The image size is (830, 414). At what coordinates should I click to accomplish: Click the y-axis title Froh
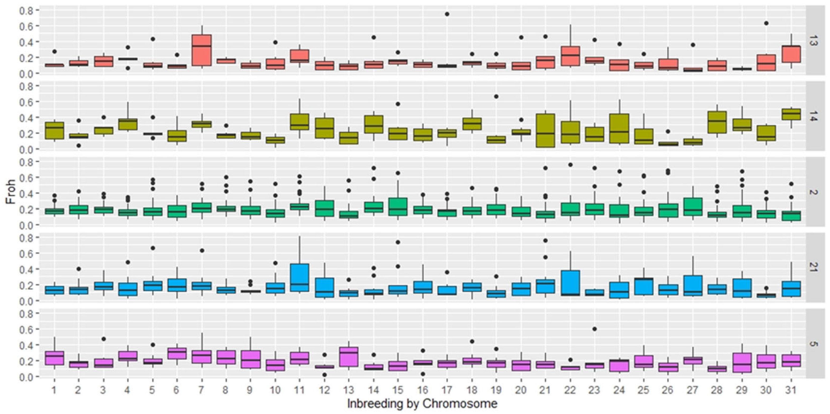tap(10, 193)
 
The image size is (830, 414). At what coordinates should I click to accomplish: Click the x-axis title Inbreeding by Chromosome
tap(422, 403)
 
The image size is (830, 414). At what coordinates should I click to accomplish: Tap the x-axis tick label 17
tap(447, 390)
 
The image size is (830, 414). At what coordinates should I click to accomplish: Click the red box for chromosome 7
tap(201, 50)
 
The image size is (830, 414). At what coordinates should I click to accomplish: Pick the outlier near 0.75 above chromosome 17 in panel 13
tap(447, 14)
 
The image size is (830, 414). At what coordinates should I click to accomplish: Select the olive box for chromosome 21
tap(545, 130)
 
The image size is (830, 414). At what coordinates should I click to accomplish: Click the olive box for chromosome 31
tap(791, 114)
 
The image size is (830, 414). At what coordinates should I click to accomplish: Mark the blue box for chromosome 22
tap(570, 283)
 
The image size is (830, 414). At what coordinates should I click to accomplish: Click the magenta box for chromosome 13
tap(349, 357)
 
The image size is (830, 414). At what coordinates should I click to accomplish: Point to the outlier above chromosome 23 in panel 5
tap(595, 329)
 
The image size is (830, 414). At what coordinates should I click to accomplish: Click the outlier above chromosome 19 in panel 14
tap(496, 97)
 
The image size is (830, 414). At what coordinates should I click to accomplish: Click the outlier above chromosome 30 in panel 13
tap(766, 23)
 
